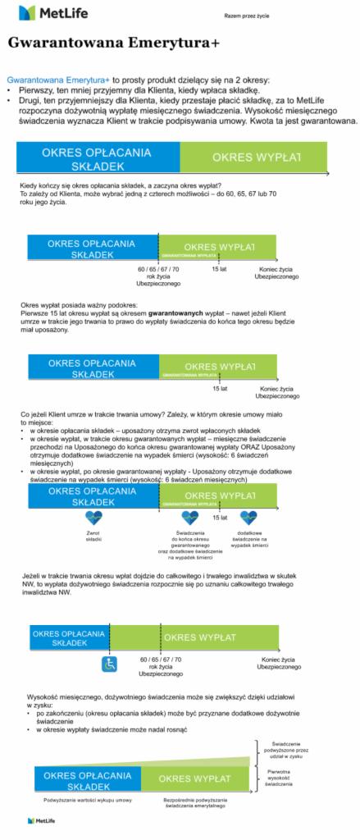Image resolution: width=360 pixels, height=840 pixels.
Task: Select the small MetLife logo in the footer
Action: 40,819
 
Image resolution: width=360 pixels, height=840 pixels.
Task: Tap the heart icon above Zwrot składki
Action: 93,518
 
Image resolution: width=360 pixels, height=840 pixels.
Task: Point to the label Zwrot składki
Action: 93,536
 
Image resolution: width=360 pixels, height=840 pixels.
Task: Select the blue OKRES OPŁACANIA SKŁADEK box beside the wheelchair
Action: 69,638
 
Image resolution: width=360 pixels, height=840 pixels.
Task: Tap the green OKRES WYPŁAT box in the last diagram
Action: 194,778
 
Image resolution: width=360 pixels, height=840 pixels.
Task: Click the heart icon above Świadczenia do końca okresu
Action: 189,518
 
